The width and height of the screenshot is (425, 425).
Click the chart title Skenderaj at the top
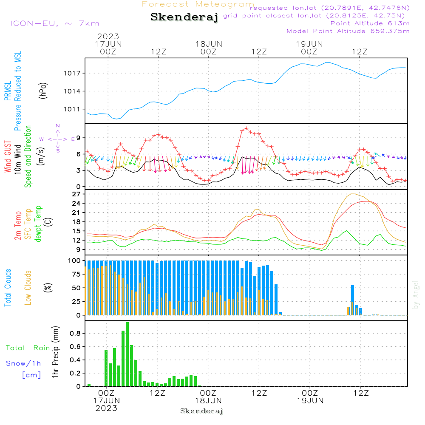point(184,17)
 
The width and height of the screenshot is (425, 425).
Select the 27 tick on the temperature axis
point(76,194)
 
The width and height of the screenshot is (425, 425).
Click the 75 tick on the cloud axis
point(75,274)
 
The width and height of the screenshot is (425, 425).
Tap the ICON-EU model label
point(54,23)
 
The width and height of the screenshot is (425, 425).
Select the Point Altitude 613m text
point(370,23)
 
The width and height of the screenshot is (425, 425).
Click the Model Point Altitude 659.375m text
point(348,31)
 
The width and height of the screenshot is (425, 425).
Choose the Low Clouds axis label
point(28,287)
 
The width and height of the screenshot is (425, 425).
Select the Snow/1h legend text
point(24,363)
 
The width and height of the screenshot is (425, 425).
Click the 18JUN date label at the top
point(209,44)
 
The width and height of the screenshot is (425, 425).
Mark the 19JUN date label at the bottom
point(310,401)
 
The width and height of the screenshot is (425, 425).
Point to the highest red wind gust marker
point(246,128)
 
